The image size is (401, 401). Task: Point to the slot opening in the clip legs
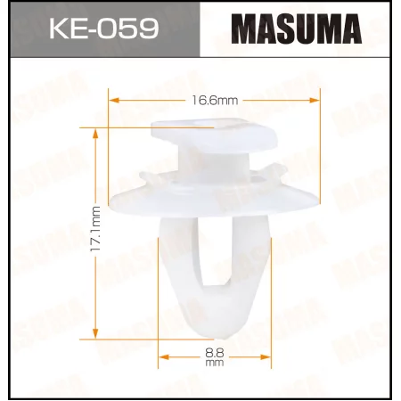[x=214, y=258]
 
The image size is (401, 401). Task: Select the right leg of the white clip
[x=252, y=258]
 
